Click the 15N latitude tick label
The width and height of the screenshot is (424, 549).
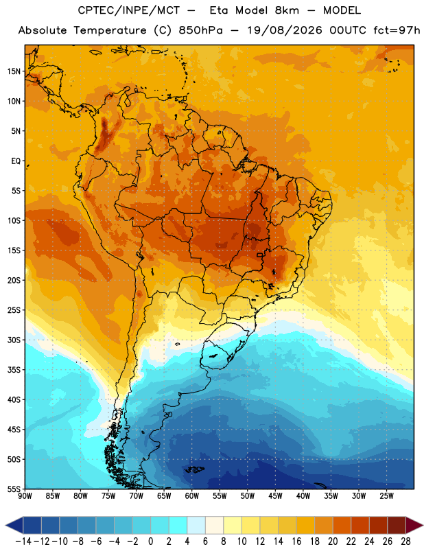click(x=14, y=71)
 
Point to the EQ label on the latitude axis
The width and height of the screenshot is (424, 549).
click(x=16, y=161)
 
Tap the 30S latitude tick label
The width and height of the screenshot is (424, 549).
click(x=14, y=340)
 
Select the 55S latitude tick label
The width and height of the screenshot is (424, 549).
click(x=14, y=489)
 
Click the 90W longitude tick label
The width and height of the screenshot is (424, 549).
click(x=25, y=496)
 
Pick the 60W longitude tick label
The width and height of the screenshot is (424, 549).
click(x=192, y=496)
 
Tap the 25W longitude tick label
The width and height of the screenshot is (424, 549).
click(x=386, y=496)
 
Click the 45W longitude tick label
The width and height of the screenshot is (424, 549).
click(x=275, y=496)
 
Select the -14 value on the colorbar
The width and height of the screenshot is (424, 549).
click(x=23, y=541)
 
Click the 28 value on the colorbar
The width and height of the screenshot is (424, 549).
click(x=405, y=541)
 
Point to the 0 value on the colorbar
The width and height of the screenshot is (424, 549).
click(x=150, y=541)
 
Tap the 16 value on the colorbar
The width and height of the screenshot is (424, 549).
click(x=296, y=541)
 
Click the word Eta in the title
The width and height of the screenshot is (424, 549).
click(x=218, y=10)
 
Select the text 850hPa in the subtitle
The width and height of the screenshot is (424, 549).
click(x=200, y=30)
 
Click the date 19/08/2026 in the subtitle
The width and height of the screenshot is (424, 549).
click(x=285, y=30)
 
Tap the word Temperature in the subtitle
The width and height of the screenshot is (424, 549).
click(x=110, y=30)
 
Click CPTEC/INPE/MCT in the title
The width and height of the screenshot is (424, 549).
click(x=129, y=10)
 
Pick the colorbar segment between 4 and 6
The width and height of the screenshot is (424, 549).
click(x=196, y=525)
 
